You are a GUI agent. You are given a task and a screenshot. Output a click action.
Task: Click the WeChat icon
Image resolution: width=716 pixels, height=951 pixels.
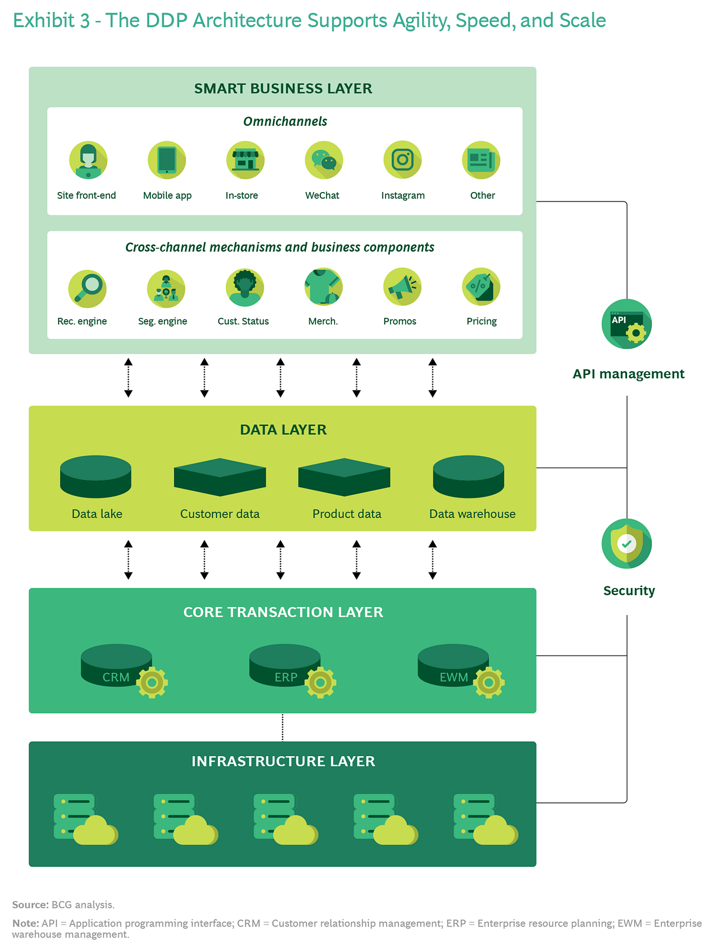point(324,160)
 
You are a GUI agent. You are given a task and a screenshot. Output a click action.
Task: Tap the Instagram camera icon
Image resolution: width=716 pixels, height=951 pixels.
point(402,159)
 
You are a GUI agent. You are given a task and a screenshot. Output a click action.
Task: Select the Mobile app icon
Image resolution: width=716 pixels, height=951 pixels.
point(167,160)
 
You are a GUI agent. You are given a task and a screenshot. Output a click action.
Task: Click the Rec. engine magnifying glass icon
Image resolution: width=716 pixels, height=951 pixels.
point(87,288)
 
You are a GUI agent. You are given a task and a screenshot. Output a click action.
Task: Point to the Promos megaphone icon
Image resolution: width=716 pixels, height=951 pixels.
point(402,286)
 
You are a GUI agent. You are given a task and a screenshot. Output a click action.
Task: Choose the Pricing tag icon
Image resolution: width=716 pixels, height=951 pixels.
point(481,286)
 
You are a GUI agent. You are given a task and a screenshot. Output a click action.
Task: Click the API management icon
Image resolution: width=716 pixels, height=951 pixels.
point(627,324)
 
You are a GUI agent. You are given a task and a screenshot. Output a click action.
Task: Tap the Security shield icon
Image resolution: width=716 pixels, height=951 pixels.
point(627,543)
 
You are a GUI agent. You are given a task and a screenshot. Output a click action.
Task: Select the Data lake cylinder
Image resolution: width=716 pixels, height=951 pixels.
point(95,476)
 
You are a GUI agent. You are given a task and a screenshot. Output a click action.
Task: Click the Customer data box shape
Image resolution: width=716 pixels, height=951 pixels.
point(220,477)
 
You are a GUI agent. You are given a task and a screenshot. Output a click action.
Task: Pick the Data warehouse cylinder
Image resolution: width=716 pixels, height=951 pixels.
point(469,476)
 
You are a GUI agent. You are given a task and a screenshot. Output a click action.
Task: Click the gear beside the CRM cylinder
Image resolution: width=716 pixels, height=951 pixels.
point(152,682)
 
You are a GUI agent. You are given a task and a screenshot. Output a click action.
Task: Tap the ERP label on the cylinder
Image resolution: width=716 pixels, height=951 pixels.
point(285,677)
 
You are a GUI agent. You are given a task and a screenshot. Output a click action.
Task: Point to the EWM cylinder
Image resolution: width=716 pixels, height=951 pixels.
point(452,665)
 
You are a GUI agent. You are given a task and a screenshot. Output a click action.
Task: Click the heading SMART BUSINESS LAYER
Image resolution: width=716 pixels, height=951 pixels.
point(283,88)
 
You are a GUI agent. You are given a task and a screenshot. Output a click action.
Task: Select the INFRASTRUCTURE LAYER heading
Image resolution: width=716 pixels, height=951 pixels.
point(283,761)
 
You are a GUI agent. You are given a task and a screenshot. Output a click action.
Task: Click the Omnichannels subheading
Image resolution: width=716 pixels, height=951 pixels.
point(285,122)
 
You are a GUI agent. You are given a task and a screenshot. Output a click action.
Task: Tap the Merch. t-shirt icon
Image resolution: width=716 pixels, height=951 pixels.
point(323,286)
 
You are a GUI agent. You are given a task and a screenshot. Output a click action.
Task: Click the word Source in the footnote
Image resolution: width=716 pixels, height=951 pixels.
point(30,904)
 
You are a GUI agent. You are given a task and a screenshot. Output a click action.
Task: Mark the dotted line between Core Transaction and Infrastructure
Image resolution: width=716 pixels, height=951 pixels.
point(283,727)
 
